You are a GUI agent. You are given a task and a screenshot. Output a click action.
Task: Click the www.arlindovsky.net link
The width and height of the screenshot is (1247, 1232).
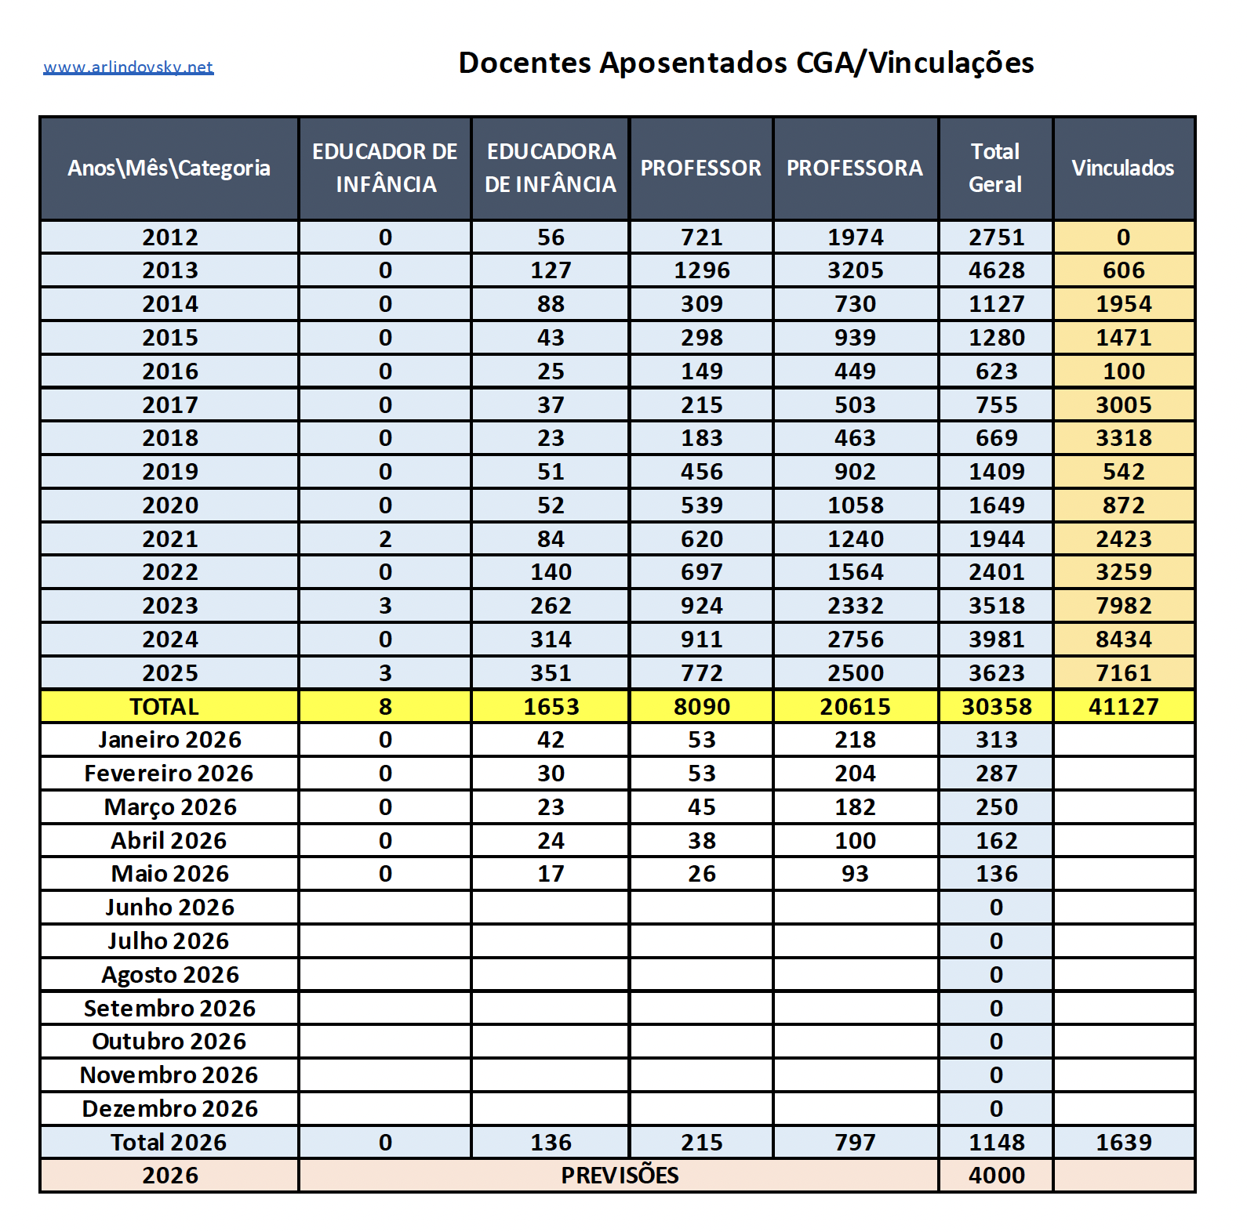point(128,67)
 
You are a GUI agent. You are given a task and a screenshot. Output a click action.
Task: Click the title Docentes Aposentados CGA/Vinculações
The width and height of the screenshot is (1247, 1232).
point(746,63)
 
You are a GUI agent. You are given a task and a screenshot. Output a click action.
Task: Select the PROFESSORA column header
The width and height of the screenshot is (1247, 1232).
point(855,168)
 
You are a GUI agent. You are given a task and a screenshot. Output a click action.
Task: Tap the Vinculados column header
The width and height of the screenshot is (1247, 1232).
point(1123,168)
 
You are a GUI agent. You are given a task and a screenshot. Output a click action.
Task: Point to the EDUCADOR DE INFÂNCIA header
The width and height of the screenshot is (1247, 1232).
point(385,168)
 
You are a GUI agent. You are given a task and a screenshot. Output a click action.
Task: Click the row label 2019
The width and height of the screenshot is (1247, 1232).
point(170,472)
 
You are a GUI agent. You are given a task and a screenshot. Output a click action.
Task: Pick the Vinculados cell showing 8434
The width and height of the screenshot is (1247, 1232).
point(1123,640)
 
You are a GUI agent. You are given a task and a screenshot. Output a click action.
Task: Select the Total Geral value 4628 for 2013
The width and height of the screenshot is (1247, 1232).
point(996,270)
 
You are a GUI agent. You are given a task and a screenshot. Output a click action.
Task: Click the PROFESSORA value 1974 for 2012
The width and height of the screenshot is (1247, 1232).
point(855,237)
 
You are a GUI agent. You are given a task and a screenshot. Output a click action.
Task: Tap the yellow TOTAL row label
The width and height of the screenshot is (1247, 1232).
point(165,707)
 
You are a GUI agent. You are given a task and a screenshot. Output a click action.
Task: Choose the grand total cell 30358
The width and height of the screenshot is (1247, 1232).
point(996,707)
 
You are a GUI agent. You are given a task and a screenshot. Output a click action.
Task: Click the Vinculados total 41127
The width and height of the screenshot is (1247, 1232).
point(1123,707)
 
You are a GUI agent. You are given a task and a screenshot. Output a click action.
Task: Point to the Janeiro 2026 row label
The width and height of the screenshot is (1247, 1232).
point(170,740)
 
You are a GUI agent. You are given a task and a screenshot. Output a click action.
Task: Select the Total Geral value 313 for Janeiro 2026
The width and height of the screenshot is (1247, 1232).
point(996,740)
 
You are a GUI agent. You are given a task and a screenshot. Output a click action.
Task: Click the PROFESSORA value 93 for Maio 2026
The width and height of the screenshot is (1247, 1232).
point(855,874)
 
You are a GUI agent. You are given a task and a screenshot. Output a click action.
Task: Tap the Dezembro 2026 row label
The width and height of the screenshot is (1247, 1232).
point(170,1109)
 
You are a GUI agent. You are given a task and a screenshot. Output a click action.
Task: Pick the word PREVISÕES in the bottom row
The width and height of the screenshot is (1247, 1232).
point(620,1176)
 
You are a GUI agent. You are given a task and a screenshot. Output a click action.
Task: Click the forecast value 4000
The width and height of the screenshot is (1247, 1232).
point(996,1176)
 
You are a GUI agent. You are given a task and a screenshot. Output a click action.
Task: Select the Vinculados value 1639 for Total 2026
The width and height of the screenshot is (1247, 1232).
point(1123,1143)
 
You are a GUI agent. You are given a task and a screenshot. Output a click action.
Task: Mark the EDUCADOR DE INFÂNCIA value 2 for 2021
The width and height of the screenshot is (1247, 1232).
point(385,539)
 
